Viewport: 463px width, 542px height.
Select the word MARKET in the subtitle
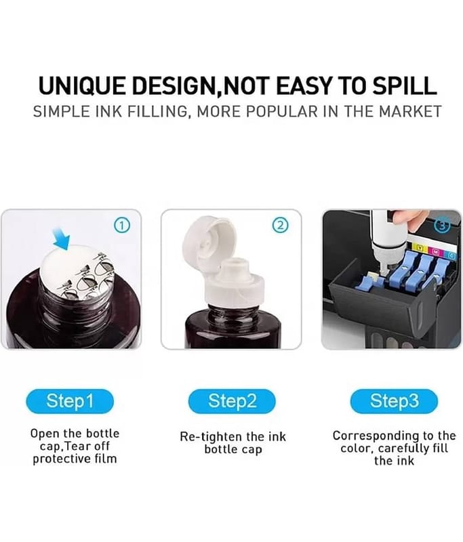pos(410,112)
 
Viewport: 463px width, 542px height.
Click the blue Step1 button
pos(70,401)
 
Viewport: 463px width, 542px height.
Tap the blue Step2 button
pos(232,401)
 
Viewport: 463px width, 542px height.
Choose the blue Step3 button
pos(394,401)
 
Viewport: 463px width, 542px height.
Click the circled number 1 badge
pos(122,226)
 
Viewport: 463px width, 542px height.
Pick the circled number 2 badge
pos(281,226)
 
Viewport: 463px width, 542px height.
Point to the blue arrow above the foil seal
pos(62,238)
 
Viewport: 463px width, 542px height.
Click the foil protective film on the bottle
pos(78,273)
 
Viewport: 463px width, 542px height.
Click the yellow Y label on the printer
pos(420,248)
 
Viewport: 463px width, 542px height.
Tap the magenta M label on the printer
pos(436,252)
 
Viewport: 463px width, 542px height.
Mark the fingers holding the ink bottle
pos(408,222)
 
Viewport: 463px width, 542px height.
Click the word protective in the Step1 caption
pos(58,459)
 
